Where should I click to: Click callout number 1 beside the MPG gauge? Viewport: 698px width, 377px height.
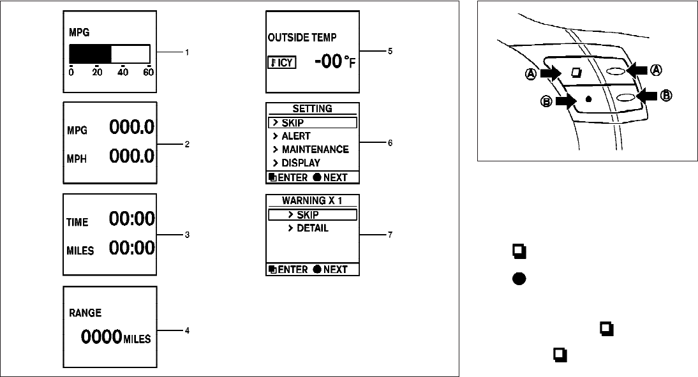(187, 52)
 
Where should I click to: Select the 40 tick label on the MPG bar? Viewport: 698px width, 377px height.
(123, 72)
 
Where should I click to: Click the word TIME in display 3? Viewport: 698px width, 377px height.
(78, 222)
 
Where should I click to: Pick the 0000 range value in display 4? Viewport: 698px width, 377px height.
(101, 337)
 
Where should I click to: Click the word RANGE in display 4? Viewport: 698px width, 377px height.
(85, 313)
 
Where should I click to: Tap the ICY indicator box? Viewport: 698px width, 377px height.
(281, 63)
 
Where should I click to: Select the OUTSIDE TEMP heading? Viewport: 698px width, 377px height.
(302, 38)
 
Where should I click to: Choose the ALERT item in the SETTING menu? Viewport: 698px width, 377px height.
(295, 136)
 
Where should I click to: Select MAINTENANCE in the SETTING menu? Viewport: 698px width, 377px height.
(315, 149)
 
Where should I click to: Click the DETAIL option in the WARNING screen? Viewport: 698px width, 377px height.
(312, 228)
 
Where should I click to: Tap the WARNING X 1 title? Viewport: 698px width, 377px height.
(312, 200)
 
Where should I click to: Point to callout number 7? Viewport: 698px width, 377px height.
(390, 235)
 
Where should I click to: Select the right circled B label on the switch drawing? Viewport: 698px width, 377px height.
(666, 96)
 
